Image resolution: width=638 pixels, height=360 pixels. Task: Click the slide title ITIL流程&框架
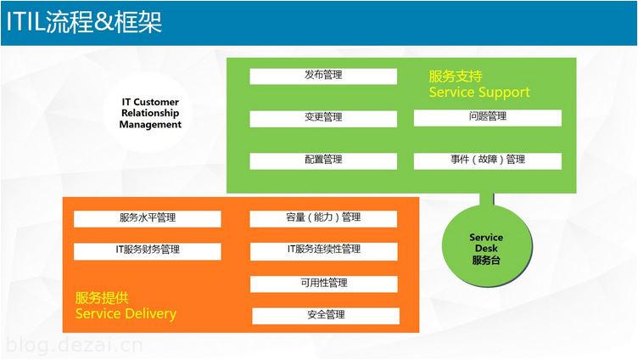[84, 21]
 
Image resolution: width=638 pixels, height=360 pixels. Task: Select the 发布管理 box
[323, 76]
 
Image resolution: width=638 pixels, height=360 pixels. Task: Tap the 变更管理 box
[323, 119]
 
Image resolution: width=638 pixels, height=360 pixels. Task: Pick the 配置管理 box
[323, 160]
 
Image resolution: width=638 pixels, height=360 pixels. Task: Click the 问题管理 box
[488, 118]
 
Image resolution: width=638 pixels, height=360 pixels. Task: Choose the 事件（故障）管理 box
[488, 160]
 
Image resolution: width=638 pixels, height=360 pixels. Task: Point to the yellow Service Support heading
[479, 93]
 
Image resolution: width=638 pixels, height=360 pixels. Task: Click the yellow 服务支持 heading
[456, 76]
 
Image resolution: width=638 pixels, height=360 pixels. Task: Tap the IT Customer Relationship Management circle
[149, 113]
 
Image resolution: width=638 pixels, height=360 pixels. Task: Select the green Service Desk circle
[487, 245]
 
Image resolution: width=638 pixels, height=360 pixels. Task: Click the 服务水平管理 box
[148, 219]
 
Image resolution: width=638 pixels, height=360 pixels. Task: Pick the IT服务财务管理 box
[148, 251]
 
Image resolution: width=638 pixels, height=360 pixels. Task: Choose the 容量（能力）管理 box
[323, 219]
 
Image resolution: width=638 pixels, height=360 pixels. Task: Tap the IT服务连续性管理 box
[323, 251]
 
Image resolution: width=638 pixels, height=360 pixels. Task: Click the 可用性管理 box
[323, 284]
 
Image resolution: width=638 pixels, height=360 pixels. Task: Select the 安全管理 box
[326, 316]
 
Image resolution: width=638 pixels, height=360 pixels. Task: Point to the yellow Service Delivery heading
[126, 313]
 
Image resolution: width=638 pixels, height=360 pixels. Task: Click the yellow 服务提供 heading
[102, 298]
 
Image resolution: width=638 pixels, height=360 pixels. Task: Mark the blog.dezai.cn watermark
[75, 346]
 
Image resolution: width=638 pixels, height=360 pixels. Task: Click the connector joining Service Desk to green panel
[487, 200]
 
